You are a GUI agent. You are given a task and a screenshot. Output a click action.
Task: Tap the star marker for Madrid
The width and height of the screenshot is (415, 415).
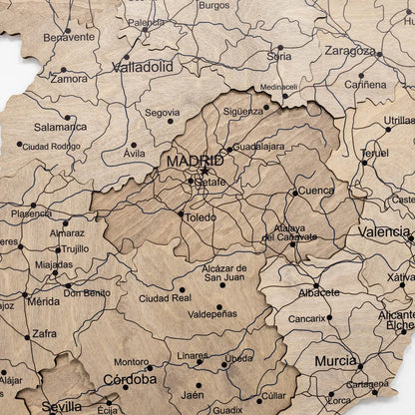click(x=205, y=172)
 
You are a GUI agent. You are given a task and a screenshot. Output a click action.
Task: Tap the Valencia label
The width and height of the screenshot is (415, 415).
click(x=383, y=231)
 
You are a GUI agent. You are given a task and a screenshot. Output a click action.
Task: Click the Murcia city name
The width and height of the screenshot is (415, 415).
click(x=335, y=361)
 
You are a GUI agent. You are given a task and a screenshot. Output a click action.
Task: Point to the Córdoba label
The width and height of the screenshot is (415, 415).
click(x=130, y=379)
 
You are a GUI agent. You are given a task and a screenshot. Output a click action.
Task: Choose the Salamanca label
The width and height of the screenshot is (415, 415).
click(x=60, y=128)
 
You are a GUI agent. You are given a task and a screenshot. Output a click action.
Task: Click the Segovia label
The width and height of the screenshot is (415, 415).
click(x=162, y=113)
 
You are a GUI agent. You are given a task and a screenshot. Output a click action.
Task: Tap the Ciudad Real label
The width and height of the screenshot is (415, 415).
click(x=165, y=297)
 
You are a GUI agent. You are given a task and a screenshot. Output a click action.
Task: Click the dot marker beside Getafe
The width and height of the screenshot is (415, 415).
click(x=191, y=181)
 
